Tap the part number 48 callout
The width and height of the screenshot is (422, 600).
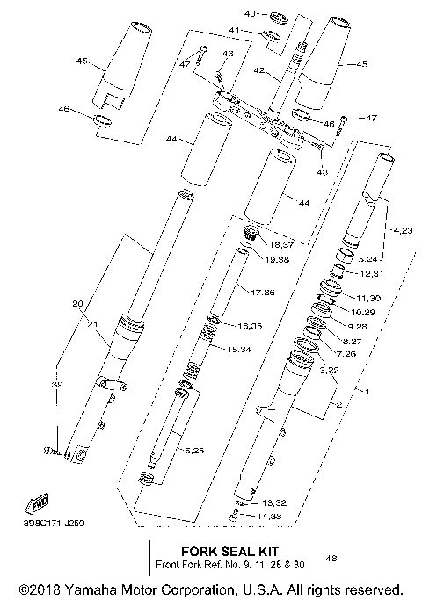(331, 557)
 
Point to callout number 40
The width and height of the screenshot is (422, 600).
(250, 14)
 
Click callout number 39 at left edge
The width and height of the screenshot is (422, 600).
(59, 386)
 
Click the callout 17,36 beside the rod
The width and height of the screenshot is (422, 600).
(263, 291)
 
